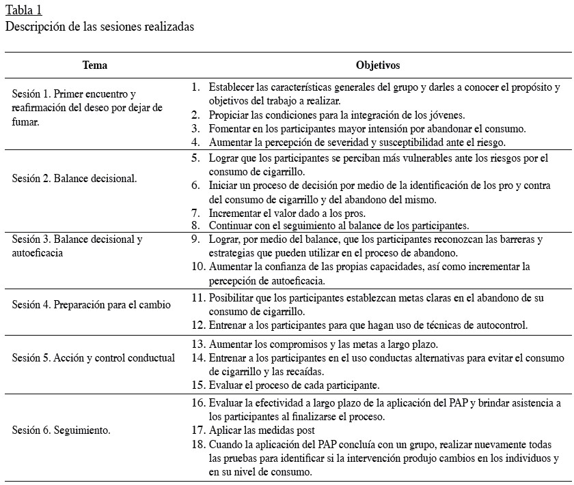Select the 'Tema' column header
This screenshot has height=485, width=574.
[x=94, y=65]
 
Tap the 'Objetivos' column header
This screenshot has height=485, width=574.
[x=377, y=65]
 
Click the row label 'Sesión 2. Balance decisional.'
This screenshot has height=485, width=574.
[x=74, y=178]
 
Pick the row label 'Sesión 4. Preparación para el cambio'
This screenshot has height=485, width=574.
[x=92, y=305]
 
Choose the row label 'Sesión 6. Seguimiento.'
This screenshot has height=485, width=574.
[x=62, y=430]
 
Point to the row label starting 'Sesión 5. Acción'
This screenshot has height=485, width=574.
[x=94, y=357]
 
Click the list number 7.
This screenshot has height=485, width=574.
[x=195, y=212]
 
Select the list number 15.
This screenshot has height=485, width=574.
[x=198, y=385]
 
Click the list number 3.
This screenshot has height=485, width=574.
[x=195, y=128]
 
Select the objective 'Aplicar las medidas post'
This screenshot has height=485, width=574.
[x=262, y=430]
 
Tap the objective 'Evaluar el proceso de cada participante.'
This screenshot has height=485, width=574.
[x=294, y=385]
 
